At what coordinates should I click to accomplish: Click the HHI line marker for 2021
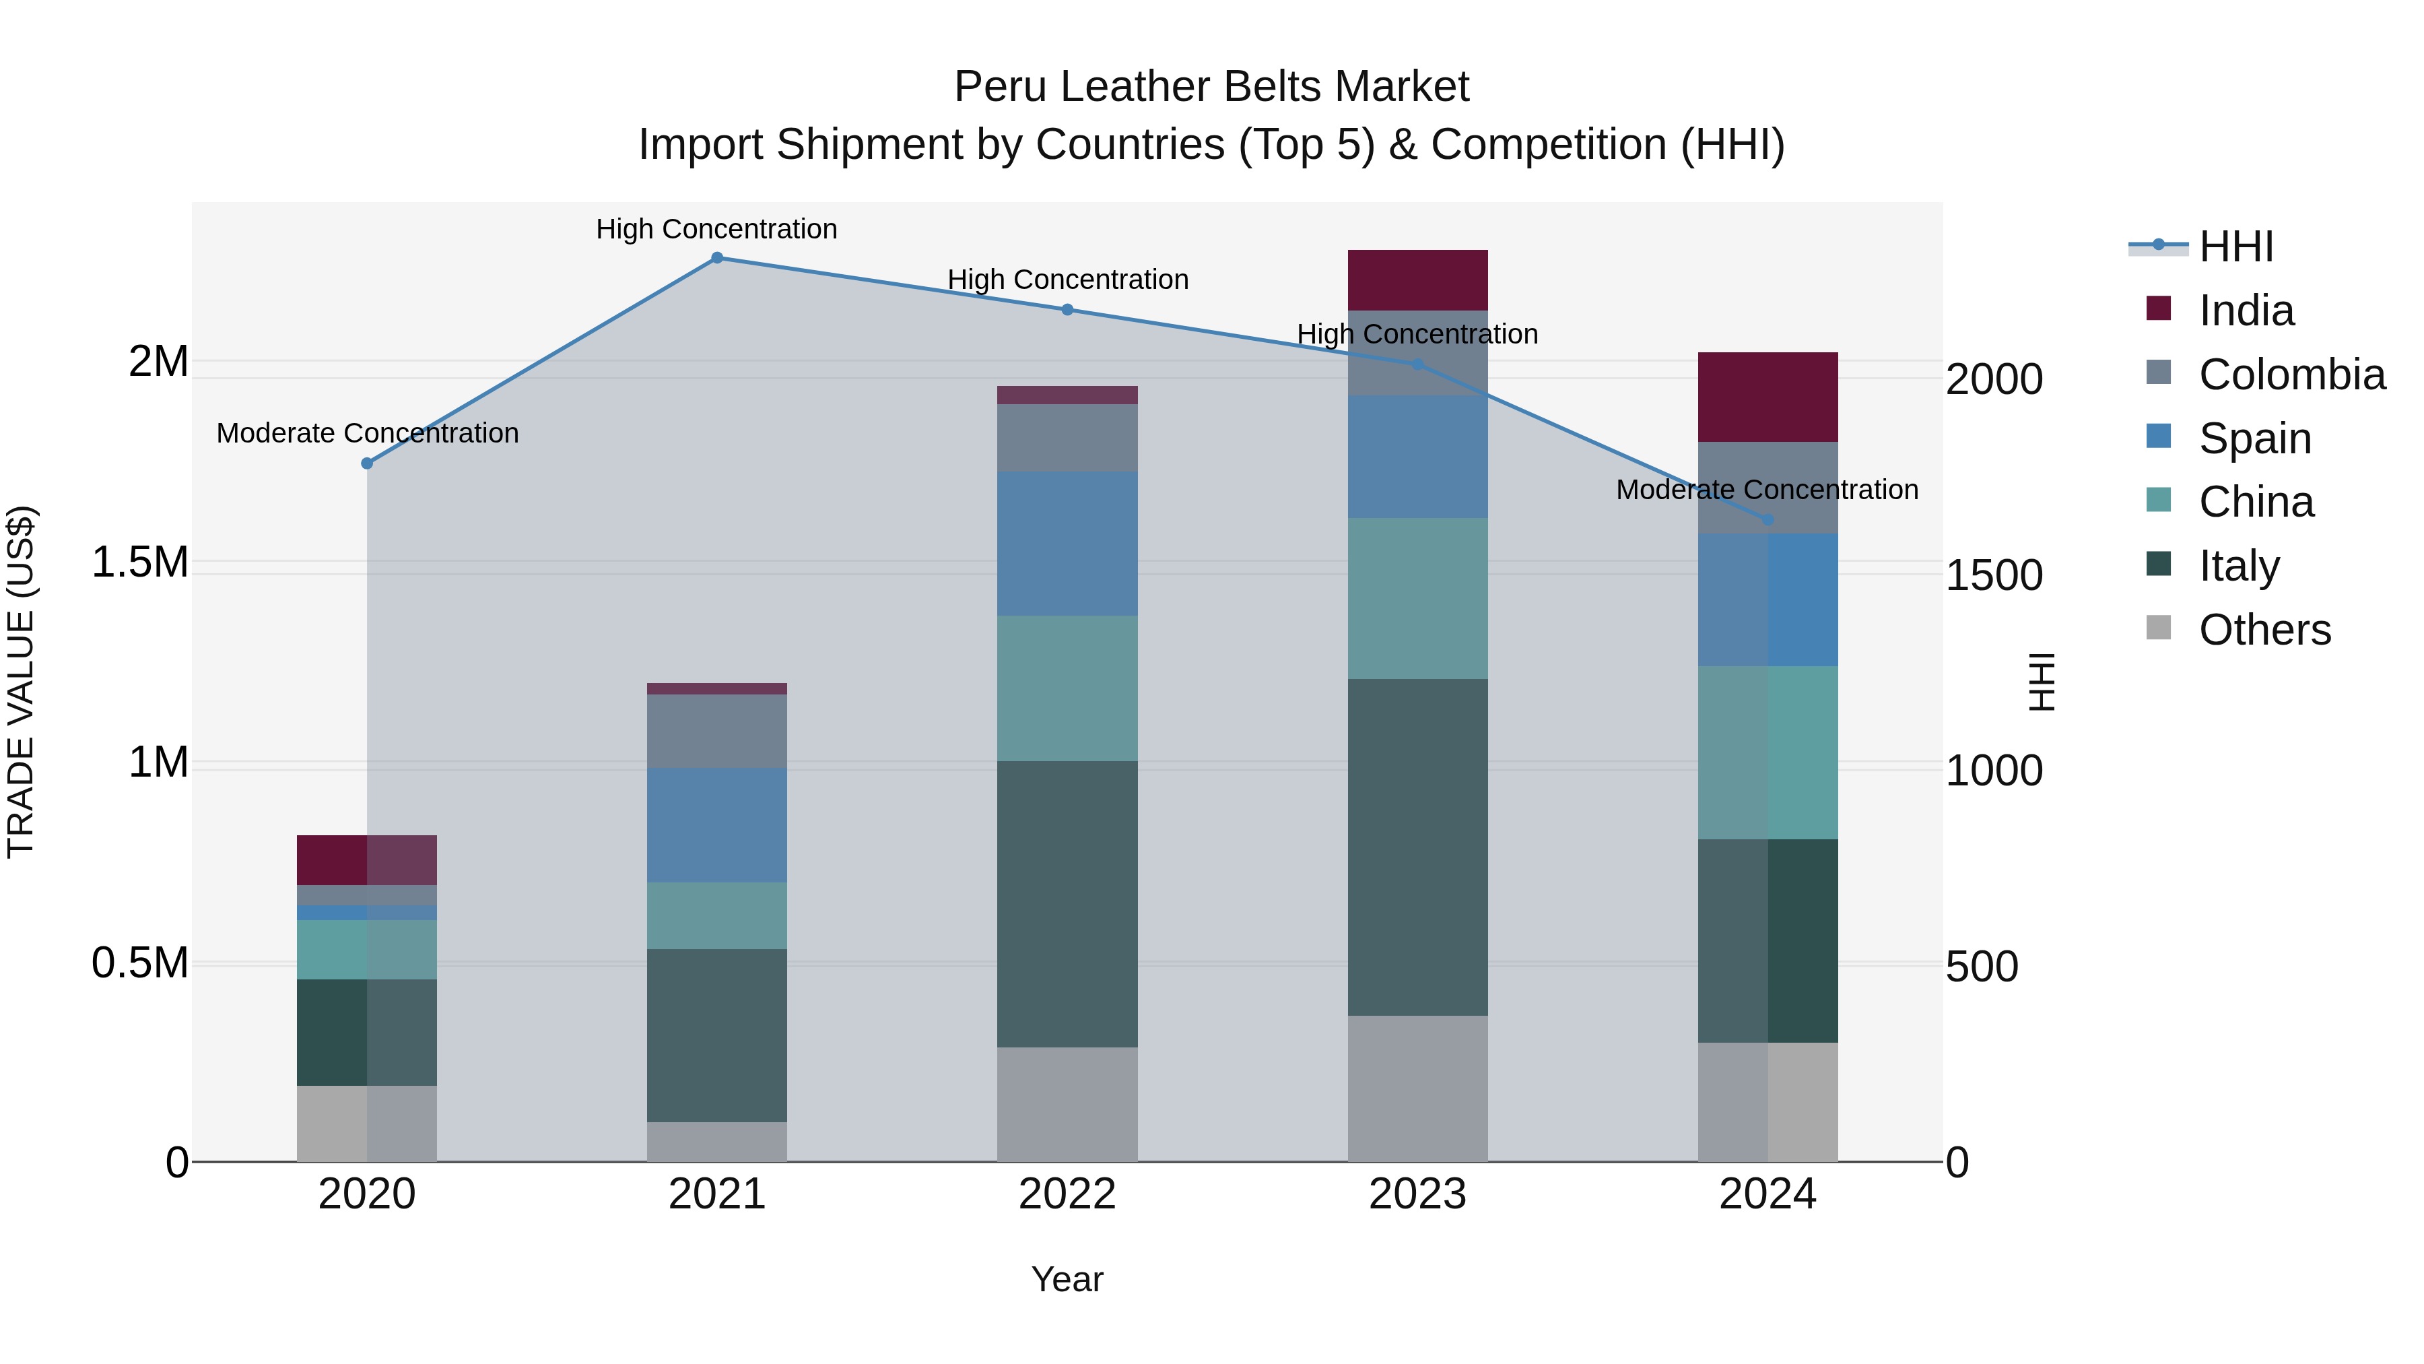[717, 258]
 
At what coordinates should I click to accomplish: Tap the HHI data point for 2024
[1767, 519]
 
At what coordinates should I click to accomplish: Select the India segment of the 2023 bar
[1417, 280]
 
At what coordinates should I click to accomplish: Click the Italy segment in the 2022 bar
[1067, 904]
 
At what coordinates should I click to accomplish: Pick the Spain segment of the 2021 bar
[717, 824]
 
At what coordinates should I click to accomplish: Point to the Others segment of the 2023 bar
[1417, 1089]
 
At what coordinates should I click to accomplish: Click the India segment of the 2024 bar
[1767, 396]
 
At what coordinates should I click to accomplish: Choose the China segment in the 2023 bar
[1417, 597]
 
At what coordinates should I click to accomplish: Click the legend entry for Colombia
[2291, 375]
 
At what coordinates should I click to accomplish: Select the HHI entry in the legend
[2235, 247]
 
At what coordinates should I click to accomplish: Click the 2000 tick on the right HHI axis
[1994, 379]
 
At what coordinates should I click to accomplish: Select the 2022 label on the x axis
[1067, 1194]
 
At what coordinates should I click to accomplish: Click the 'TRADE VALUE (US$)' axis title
[22, 682]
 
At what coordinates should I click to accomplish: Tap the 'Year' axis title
[1067, 1279]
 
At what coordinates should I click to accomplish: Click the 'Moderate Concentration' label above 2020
[367, 433]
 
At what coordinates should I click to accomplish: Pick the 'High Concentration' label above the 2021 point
[716, 229]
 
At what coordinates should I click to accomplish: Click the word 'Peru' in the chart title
[997, 87]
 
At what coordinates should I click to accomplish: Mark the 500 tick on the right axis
[1982, 967]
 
